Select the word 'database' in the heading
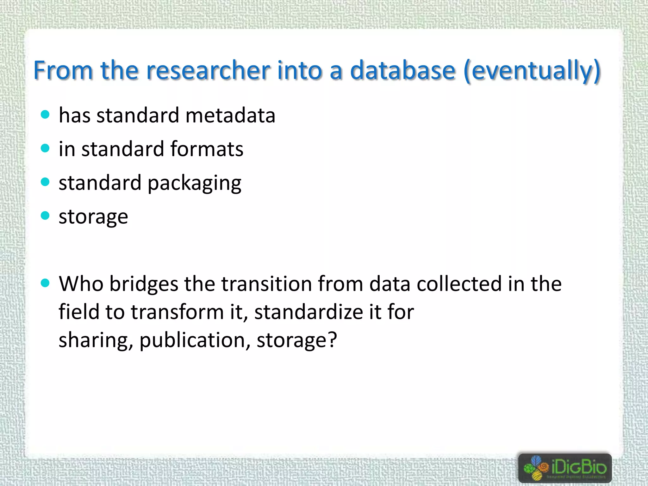pyautogui.click(x=403, y=70)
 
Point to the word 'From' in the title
pyautogui.click(x=63, y=70)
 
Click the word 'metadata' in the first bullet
pyautogui.click(x=230, y=115)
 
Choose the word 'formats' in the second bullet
pyautogui.click(x=207, y=149)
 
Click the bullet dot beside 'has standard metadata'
pyautogui.click(x=45, y=115)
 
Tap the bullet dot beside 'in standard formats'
pyautogui.click(x=45, y=148)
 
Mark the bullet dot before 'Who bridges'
pyautogui.click(x=45, y=283)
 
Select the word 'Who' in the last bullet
pyautogui.click(x=81, y=283)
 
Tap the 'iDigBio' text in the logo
pyautogui.click(x=579, y=467)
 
